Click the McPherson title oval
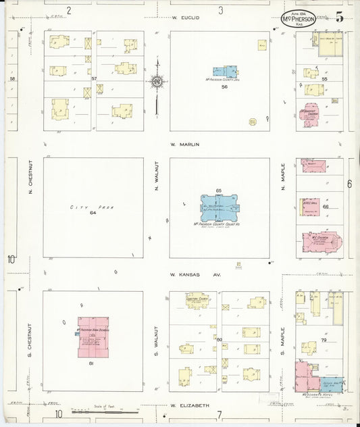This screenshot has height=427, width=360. (x=298, y=19)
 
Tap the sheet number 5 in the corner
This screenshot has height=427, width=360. (x=338, y=17)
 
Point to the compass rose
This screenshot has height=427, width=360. (x=157, y=82)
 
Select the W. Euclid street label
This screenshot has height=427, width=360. (x=186, y=17)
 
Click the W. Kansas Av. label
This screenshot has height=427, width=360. (x=196, y=275)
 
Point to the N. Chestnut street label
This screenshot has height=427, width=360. (x=30, y=182)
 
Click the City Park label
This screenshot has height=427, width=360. (x=84, y=207)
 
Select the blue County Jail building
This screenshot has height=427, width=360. (x=225, y=72)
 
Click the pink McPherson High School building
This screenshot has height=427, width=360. (x=93, y=336)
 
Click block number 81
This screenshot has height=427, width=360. (x=90, y=364)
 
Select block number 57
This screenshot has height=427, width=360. (x=95, y=79)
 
